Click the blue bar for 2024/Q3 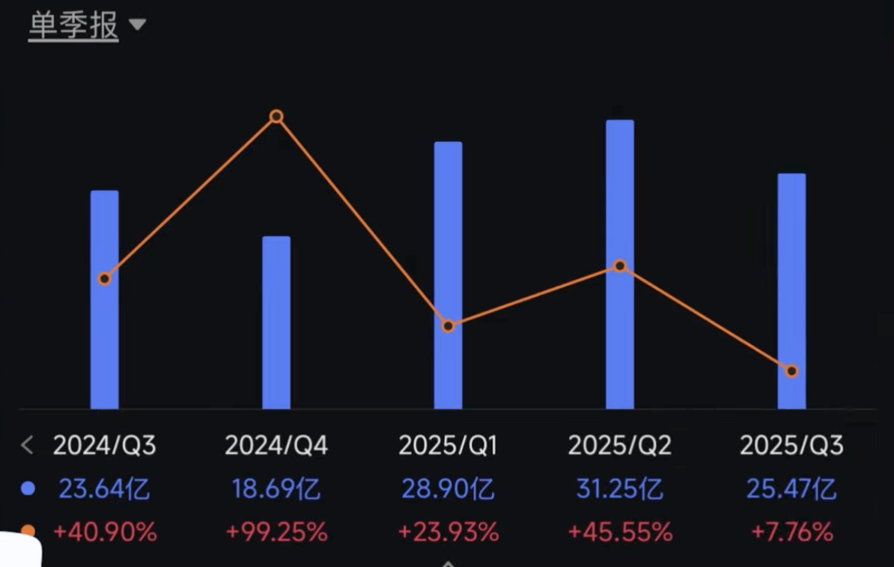(104, 300)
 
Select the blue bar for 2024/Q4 (276, 322)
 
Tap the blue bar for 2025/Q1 (448, 275)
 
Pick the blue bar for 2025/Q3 (792, 291)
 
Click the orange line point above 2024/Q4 (276, 116)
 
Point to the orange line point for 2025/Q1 (448, 326)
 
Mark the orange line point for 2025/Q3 (792, 371)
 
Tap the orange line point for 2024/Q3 (104, 279)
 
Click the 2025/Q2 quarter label (620, 445)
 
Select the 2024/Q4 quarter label (276, 445)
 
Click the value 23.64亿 (104, 489)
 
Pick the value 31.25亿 (620, 489)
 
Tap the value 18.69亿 (276, 489)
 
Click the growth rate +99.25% (276, 533)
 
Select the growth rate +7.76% (792, 533)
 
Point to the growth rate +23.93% (448, 533)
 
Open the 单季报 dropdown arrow (138, 25)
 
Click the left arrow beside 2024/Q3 (27, 445)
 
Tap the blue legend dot (28, 489)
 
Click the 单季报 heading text (73, 25)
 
